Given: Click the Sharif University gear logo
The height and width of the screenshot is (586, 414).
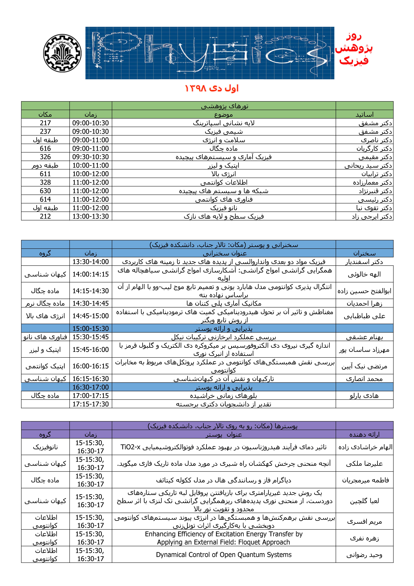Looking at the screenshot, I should coord(62,53).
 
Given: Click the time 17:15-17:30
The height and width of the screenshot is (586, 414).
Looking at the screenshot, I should coord(91,404).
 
